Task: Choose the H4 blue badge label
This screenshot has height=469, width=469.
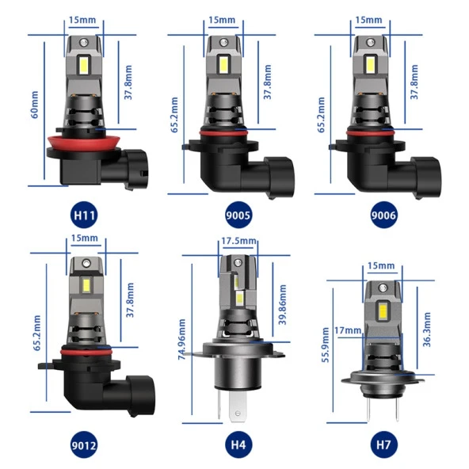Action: [x=238, y=444]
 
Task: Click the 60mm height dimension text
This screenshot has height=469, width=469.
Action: [x=35, y=103]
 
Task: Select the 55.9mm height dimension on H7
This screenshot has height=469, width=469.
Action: [x=326, y=345]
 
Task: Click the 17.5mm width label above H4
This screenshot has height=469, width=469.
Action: [x=238, y=241]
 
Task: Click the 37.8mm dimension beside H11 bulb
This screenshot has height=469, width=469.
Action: [x=128, y=82]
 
